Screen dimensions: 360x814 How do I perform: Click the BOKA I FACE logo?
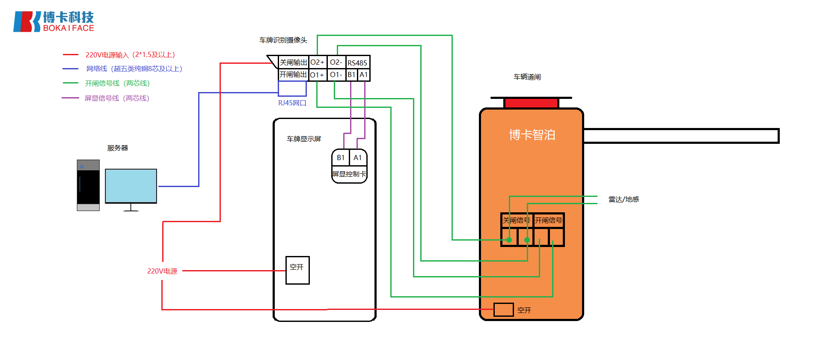tap(53, 21)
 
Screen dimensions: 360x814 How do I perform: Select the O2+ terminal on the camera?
tap(318, 62)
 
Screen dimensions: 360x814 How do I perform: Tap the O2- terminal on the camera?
tap(336, 62)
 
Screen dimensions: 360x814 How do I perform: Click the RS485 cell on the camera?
tap(357, 63)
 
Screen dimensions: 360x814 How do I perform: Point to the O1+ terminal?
tap(317, 75)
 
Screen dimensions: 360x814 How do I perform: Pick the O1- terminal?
tap(336, 75)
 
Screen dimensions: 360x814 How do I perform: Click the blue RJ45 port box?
tap(292, 89)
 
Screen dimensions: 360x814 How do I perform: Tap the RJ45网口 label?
tap(292, 103)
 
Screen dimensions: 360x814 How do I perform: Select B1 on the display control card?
tap(341, 158)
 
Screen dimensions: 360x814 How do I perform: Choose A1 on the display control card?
tap(358, 158)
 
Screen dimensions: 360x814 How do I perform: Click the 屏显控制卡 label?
tap(349, 174)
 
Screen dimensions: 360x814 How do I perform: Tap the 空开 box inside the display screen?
tap(297, 270)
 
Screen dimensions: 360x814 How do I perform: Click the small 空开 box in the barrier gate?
tap(503, 309)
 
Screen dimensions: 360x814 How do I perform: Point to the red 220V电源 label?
tap(162, 271)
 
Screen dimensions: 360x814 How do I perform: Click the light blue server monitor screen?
tap(131, 186)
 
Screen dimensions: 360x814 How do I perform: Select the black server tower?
tap(88, 185)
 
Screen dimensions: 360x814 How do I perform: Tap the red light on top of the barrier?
tap(531, 103)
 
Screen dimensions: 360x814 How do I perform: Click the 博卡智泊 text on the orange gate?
tap(532, 135)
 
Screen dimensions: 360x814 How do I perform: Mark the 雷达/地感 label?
tap(624, 199)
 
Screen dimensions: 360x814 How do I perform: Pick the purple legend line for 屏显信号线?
tap(70, 98)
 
